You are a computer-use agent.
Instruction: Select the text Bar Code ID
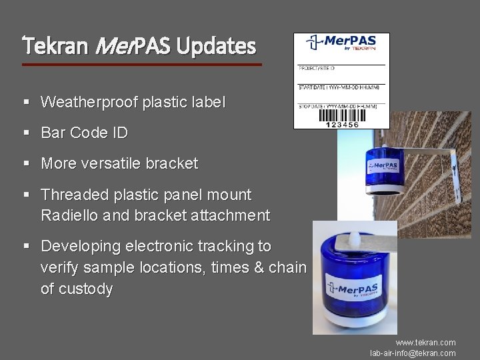[84, 133]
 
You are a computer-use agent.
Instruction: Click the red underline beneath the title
[141, 65]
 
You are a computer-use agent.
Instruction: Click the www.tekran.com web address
[425, 342]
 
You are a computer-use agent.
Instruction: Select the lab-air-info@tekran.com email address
[413, 353]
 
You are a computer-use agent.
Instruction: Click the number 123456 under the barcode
[341, 125]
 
